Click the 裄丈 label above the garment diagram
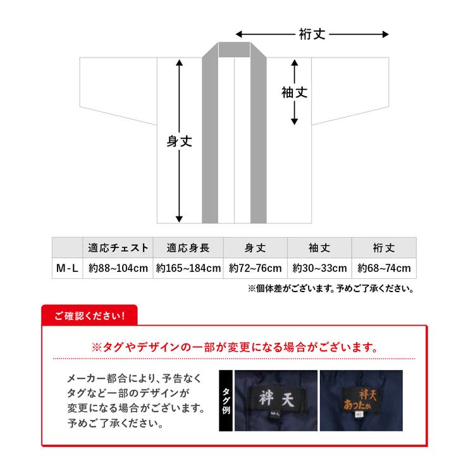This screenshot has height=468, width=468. click(312, 34)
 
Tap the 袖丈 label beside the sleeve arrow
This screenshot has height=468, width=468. click(294, 92)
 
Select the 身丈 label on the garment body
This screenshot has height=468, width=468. click(179, 142)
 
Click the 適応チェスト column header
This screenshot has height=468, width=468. click(118, 247)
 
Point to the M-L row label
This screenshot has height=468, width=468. click(67, 268)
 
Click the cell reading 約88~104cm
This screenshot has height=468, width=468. click(118, 268)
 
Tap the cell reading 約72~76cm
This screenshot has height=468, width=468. click(256, 268)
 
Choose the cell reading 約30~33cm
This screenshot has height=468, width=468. click(319, 268)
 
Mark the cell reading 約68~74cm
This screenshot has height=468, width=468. click(384, 268)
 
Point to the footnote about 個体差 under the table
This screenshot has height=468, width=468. click(330, 290)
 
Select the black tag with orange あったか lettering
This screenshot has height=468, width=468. click(361, 400)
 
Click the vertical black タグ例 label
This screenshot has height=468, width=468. click(225, 400)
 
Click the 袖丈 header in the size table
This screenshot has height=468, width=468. click(319, 247)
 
